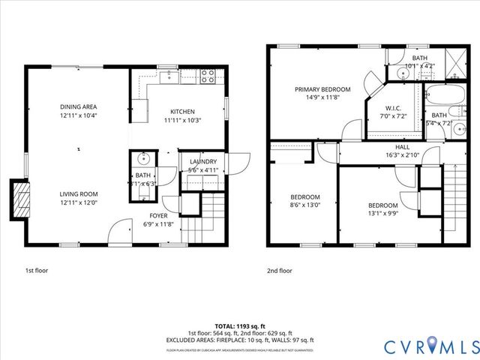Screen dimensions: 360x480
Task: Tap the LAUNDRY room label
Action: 203,161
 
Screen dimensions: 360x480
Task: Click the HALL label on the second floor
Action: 402,147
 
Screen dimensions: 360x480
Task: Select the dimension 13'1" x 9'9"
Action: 382,213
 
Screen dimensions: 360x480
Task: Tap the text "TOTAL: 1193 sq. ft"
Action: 239,326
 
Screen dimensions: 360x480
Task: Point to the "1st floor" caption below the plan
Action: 37,270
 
